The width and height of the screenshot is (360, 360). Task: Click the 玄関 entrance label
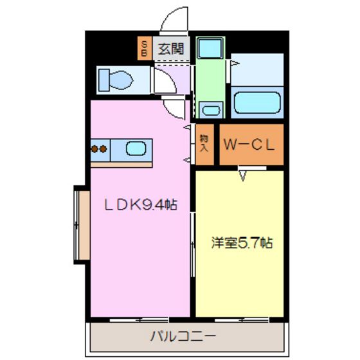pyautogui.click(x=170, y=48)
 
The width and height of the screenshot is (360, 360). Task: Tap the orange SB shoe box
pyautogui.click(x=145, y=48)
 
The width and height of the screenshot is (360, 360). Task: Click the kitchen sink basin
pyautogui.click(x=136, y=150)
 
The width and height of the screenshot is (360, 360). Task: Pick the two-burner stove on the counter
pyautogui.click(x=99, y=150)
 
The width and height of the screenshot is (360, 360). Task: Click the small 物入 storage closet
pyautogui.click(x=204, y=143)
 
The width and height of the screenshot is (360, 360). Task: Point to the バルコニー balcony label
pyautogui.click(x=184, y=335)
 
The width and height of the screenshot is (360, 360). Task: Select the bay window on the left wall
pyautogui.click(x=80, y=225)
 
